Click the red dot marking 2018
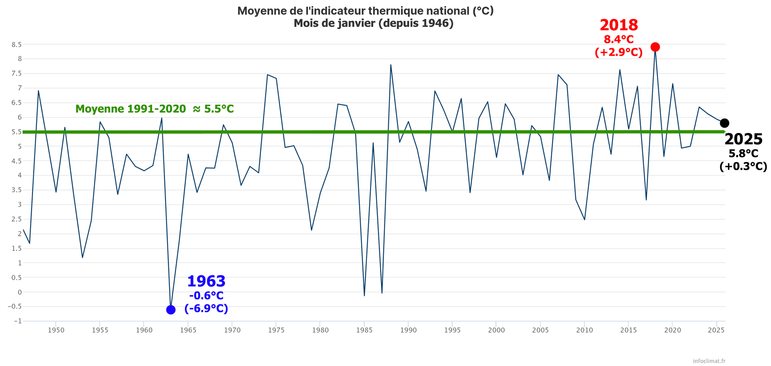tap(655, 47)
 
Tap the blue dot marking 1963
tap(171, 310)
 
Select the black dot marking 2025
tap(724, 123)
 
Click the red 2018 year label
tap(618, 25)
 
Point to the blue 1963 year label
tap(206, 281)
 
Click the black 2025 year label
tap(743, 139)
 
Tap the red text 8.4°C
tap(618, 39)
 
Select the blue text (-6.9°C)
tap(206, 309)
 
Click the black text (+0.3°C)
tap(743, 166)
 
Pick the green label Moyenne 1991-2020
tap(131, 109)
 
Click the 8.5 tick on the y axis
tap(16, 45)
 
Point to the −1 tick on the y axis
tap(17, 321)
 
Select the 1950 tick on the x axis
tap(56, 330)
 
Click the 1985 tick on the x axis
tap(364, 330)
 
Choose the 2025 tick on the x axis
tap(716, 330)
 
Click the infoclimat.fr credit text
tap(709, 361)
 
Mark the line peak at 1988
tap(391, 65)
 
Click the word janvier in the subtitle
tap(357, 23)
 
